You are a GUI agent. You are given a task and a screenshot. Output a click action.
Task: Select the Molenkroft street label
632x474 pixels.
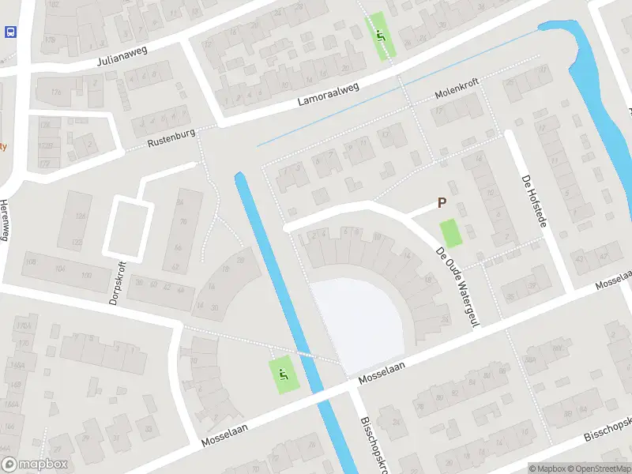coord(457,96)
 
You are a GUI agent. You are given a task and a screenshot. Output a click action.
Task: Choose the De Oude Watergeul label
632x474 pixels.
coord(458,286)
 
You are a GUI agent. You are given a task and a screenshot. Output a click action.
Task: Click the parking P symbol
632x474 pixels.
coord(442,203)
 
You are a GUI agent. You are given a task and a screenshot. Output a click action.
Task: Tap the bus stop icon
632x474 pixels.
coord(10,32)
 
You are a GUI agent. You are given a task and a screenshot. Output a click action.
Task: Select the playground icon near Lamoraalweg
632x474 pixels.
coord(382,36)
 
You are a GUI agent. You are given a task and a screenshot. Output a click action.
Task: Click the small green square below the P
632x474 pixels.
coord(450,232)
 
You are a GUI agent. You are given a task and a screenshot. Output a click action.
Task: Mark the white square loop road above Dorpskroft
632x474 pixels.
coord(128,227)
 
